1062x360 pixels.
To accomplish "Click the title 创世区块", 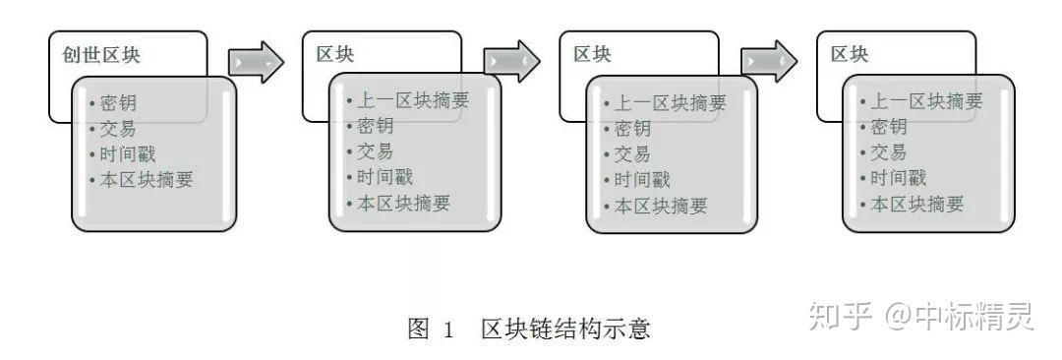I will coord(107,55).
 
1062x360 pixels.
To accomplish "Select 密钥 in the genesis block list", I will coord(118,102).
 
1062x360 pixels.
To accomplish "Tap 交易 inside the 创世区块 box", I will coord(118,128).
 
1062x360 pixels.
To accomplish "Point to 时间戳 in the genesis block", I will coord(127,153).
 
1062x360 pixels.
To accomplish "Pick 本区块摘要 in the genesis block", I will coord(146,179).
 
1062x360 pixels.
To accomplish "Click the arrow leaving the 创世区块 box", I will coord(255,62).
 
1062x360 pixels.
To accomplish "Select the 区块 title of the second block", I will coord(335,54).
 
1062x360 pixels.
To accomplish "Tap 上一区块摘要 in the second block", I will coord(412,100).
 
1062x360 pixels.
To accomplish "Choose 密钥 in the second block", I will coord(375,126).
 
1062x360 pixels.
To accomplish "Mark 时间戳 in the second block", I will coord(384,177).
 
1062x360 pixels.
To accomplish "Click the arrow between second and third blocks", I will coord(512,62).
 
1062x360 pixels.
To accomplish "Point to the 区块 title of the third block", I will coord(592,54).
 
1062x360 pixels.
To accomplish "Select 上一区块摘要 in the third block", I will coord(670,102).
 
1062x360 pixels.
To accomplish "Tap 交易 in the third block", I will coord(632,153).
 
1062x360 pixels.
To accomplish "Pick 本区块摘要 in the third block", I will coord(660,206).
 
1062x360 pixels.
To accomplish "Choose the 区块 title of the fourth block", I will coord(850,54).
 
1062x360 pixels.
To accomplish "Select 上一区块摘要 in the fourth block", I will coord(926,100).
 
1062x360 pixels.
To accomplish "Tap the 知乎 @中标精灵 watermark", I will coord(919,317).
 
